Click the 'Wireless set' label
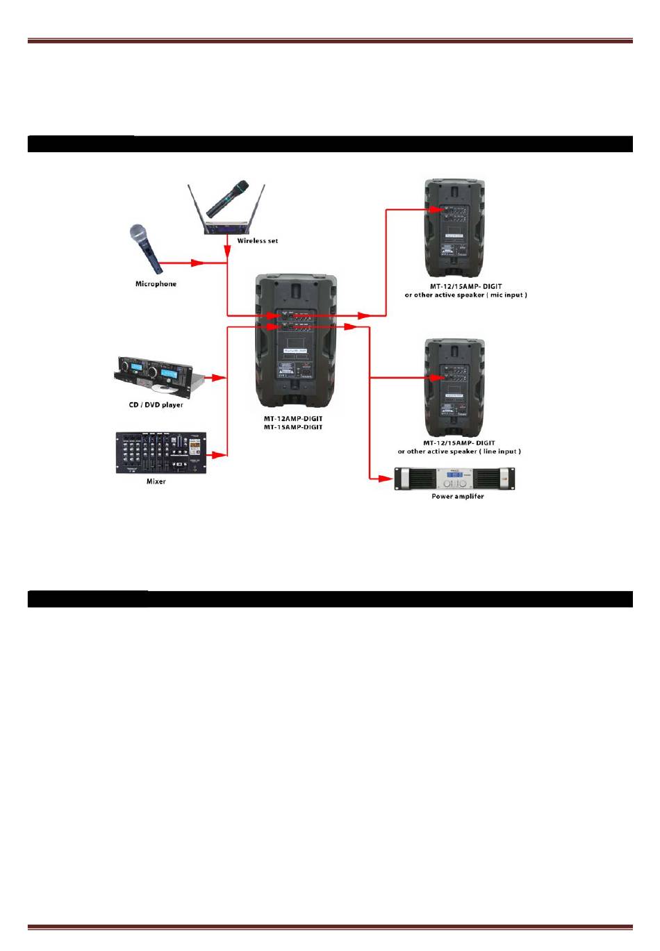(257, 241)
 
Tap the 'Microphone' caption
(156, 284)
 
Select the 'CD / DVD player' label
(156, 405)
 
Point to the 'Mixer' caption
(156, 481)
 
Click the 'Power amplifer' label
(457, 497)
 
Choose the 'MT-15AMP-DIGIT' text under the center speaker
(292, 427)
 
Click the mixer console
(160, 454)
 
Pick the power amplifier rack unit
(455, 479)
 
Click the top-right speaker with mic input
(455, 229)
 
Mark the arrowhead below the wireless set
(227, 249)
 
